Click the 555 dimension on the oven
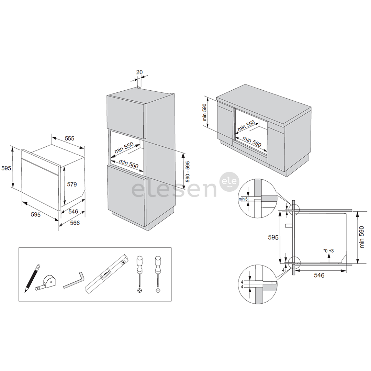(69, 138)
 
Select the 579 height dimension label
(72, 184)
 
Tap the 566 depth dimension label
(75, 223)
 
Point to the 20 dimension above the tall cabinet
(139, 72)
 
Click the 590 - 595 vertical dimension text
(188, 172)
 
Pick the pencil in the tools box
(32, 279)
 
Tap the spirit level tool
(107, 274)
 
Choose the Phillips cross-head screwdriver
(140, 274)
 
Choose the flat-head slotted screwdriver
(158, 274)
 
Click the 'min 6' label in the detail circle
(243, 199)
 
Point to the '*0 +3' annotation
(329, 251)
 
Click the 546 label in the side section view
(319, 275)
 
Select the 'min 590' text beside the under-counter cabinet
(205, 112)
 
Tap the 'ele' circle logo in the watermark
(229, 182)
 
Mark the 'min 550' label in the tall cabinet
(124, 148)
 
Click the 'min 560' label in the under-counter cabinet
(252, 142)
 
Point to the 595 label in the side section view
(273, 237)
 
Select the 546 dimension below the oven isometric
(73, 212)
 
